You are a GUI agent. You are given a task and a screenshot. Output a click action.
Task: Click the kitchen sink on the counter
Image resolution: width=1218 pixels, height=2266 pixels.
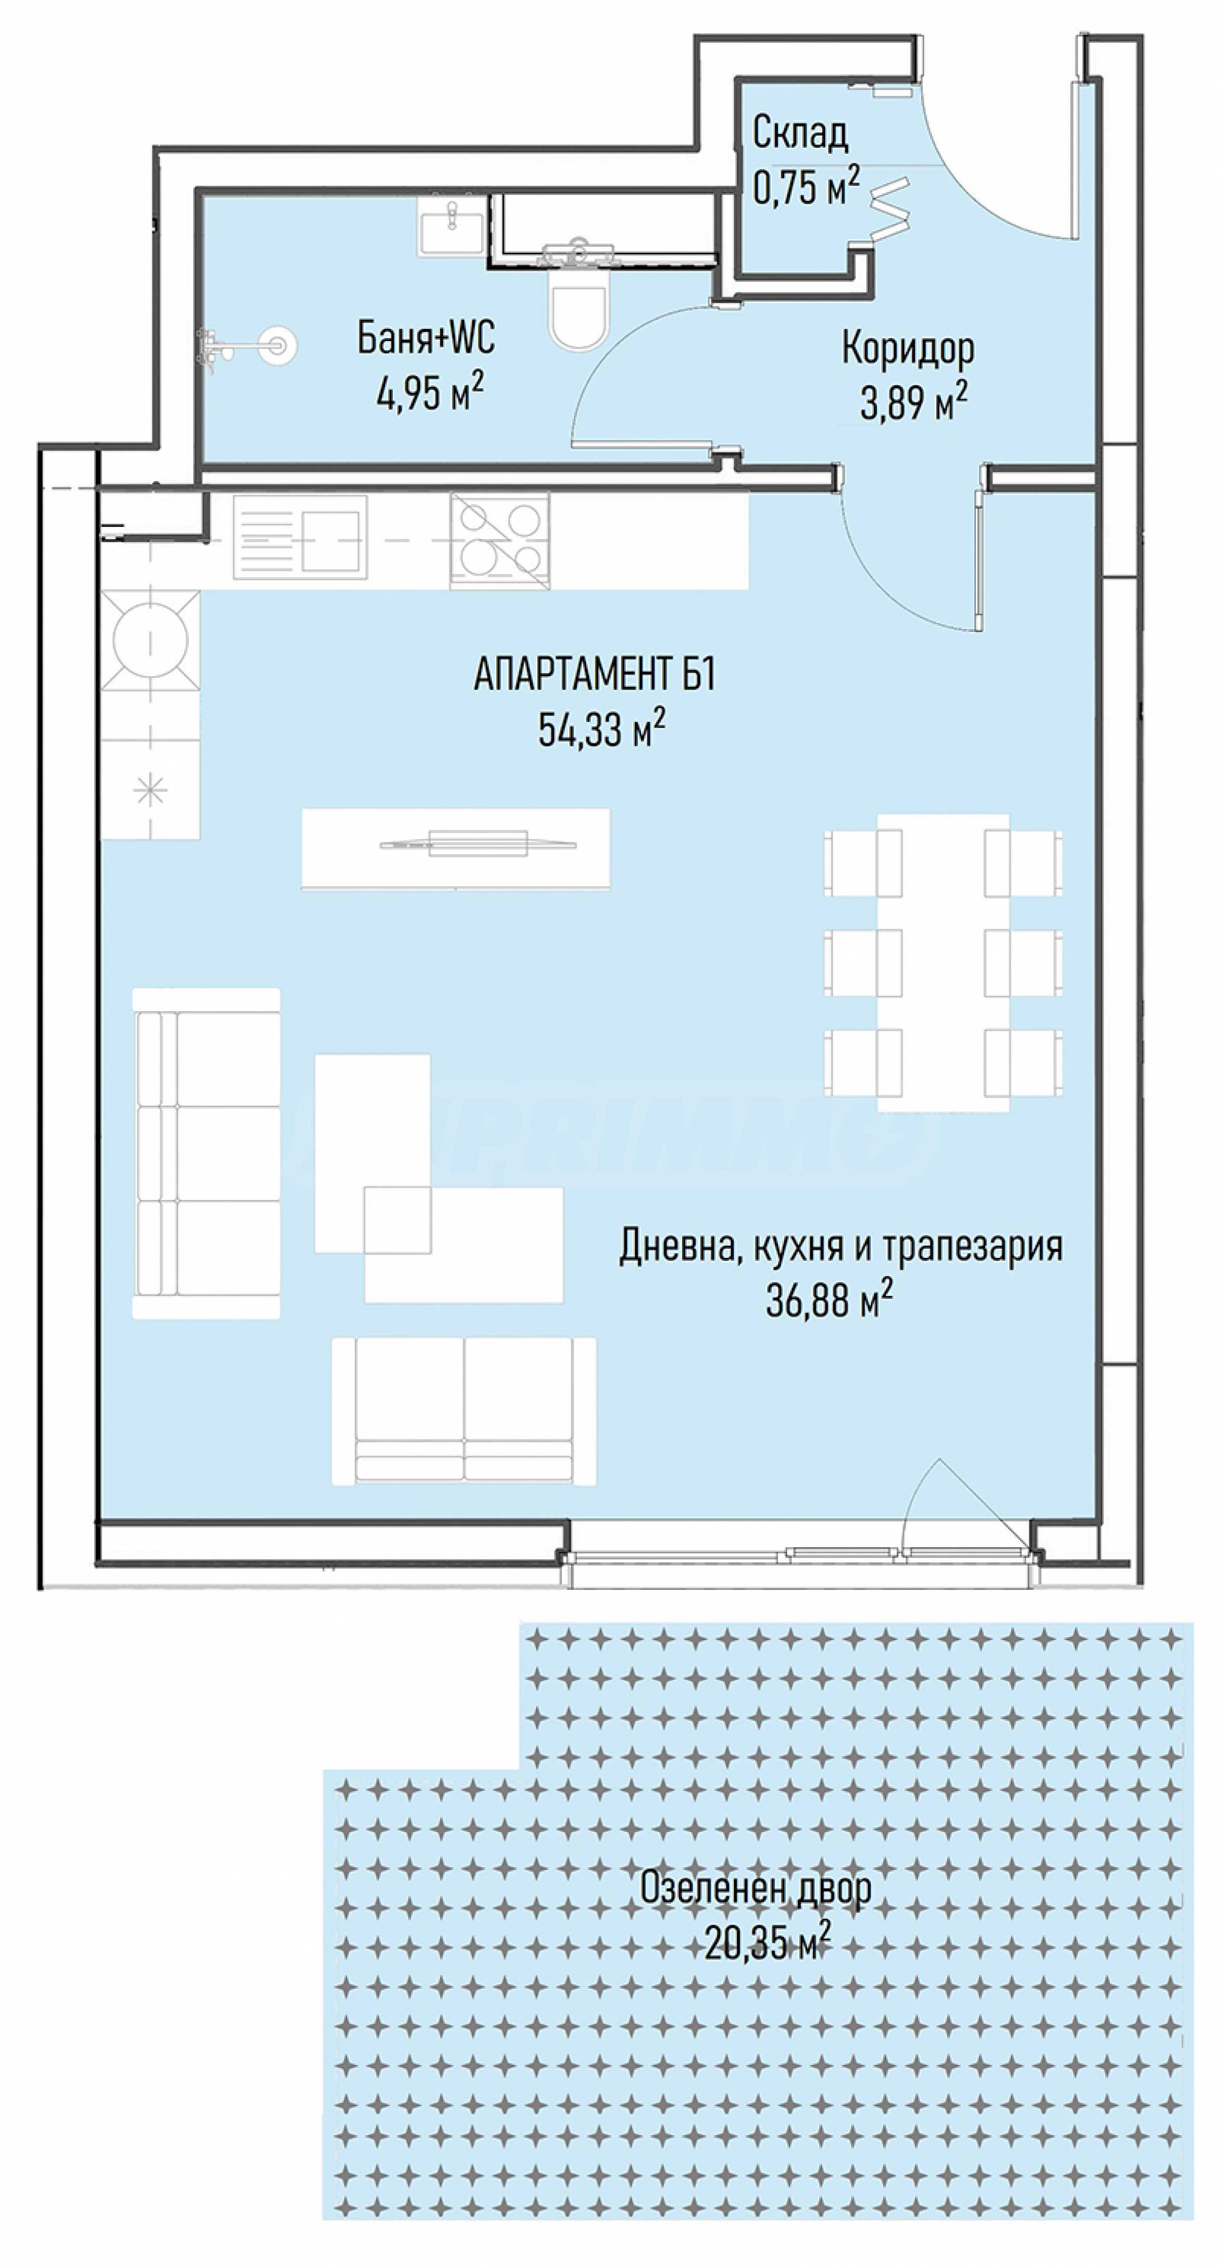[x=300, y=538]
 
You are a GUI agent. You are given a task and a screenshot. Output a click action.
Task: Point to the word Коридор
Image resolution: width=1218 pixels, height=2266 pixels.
[x=908, y=349]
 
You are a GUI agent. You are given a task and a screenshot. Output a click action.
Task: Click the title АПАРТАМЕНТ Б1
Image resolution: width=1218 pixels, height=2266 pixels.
[x=594, y=676]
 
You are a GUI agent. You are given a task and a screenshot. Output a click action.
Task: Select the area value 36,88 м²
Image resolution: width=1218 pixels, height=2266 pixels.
[x=829, y=1300]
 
